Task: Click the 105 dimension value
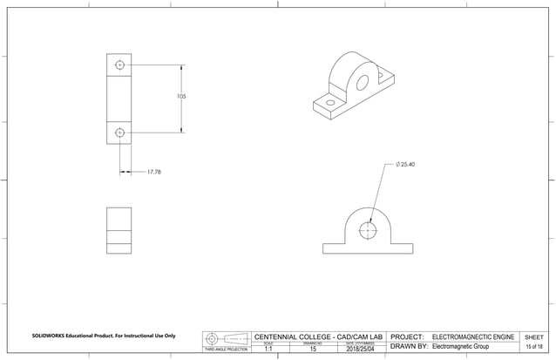pos(180,97)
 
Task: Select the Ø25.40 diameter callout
pos(405,164)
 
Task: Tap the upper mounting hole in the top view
pos(119,65)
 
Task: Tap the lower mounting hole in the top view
pos(119,132)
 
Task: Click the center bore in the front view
pos(368,230)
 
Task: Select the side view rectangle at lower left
pos(119,230)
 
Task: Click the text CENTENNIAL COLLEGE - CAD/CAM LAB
pos(318,336)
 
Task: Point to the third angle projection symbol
pos(225,338)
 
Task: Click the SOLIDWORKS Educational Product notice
pos(104,336)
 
